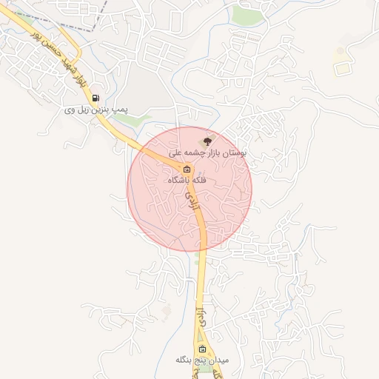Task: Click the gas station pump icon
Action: click(95, 97)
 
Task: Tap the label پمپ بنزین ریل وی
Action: click(96, 110)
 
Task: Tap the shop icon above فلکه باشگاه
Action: click(187, 169)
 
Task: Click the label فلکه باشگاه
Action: click(187, 180)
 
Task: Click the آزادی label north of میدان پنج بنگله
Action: click(199, 314)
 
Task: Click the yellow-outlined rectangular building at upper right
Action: click(342, 69)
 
